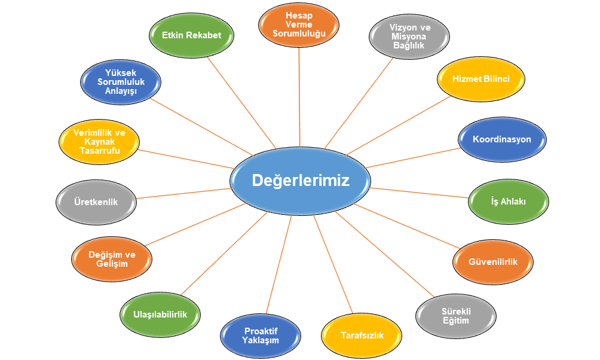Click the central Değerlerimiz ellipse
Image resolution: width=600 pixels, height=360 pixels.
[x=299, y=180]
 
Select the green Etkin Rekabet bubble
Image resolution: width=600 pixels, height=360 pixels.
[x=191, y=35]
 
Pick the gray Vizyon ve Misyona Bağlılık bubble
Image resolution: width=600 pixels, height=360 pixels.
[x=409, y=36]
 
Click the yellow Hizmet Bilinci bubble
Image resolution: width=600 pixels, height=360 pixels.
[x=481, y=79]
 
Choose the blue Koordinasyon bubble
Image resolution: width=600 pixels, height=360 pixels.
[x=502, y=139]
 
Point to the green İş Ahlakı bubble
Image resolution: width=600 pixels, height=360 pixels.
[x=508, y=202]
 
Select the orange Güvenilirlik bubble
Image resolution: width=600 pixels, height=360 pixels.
[x=493, y=262]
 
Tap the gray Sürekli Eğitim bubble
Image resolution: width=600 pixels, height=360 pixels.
[x=455, y=315]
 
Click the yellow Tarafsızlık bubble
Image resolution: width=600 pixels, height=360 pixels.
[x=362, y=335]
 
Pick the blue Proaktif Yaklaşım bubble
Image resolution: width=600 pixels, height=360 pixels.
[x=261, y=335]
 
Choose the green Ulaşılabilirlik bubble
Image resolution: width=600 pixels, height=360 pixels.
[x=161, y=314]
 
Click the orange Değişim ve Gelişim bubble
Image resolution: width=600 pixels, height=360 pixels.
[x=112, y=259]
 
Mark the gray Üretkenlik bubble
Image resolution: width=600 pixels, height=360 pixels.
[x=96, y=202]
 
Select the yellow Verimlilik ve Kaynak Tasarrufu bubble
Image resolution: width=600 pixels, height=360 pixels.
[x=99, y=142]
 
